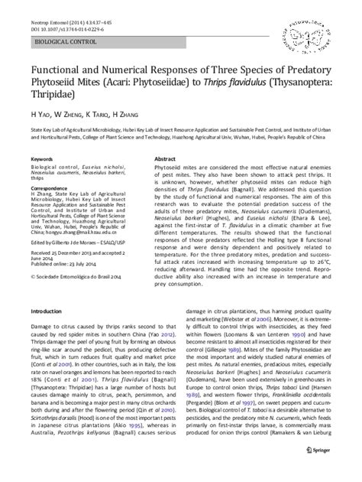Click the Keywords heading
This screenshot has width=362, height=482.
[x=42, y=159]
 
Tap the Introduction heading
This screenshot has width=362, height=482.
[x=49, y=312]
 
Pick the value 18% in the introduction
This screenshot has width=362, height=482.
[x=34, y=400]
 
